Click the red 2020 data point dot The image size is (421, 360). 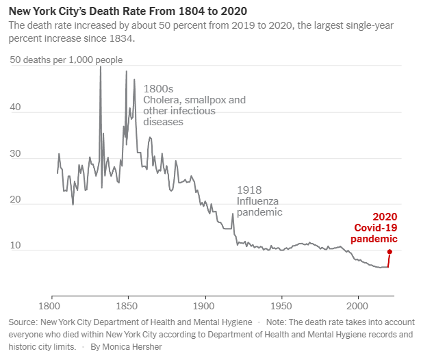390,251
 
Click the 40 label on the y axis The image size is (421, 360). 16,107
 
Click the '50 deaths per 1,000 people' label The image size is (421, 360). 66,60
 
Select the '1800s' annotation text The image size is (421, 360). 158,89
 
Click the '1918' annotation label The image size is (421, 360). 249,190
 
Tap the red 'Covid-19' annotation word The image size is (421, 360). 375,227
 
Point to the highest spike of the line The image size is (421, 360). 101,67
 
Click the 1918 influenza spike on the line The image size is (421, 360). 233,214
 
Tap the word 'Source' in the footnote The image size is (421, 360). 24,322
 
